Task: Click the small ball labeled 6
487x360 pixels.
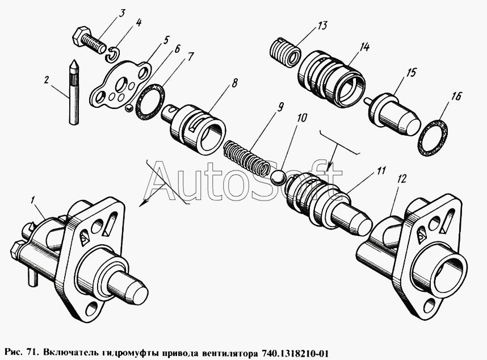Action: pyautogui.click(x=128, y=108)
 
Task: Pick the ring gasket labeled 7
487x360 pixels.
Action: pyautogui.click(x=150, y=101)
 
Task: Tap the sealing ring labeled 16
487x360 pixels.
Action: pyautogui.click(x=434, y=137)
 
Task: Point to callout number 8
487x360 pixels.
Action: pyautogui.click(x=234, y=83)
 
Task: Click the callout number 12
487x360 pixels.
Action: pyautogui.click(x=402, y=179)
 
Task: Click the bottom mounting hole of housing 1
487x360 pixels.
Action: pyautogui.click(x=92, y=308)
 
